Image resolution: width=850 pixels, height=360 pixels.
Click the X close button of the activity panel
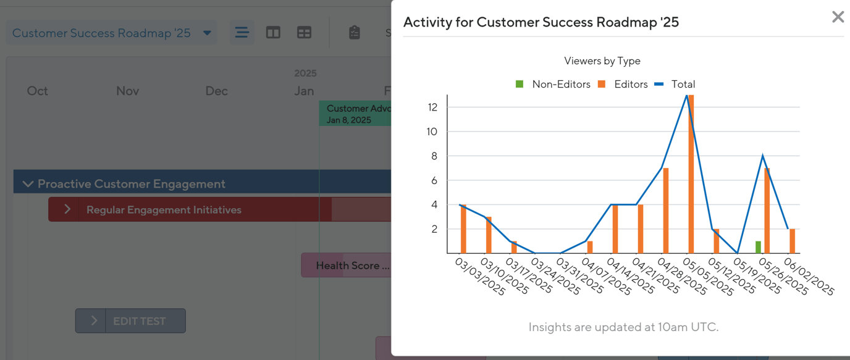click(838, 17)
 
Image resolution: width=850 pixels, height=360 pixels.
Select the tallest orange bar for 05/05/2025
click(691, 174)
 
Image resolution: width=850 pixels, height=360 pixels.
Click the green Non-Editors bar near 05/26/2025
click(758, 247)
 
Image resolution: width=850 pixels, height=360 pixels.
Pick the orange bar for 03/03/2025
click(463, 229)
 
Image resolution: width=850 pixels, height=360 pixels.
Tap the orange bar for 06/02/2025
click(793, 241)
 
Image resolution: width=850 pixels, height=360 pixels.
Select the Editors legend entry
click(623, 85)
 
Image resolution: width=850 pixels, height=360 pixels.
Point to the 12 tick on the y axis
click(432, 107)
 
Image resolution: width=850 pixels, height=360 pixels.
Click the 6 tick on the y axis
click(434, 180)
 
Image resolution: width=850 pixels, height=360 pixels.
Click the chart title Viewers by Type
click(602, 61)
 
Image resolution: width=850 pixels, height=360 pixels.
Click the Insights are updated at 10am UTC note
click(623, 327)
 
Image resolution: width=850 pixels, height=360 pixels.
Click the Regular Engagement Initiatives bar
click(164, 210)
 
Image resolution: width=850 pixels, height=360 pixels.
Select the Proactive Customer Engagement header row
click(132, 184)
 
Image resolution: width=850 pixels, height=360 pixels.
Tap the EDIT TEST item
click(139, 321)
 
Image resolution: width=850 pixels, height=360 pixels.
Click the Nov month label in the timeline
click(127, 91)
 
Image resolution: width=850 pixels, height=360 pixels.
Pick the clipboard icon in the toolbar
click(354, 33)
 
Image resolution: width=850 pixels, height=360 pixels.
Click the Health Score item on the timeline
click(352, 266)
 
